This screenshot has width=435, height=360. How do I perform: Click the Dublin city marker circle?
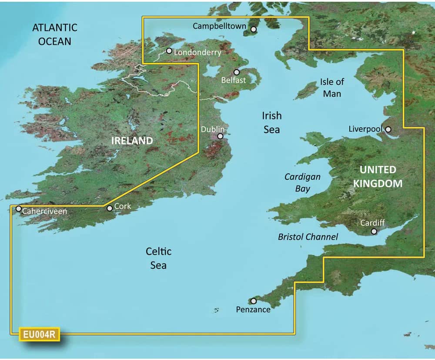220,136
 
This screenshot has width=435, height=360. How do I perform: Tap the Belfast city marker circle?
237,72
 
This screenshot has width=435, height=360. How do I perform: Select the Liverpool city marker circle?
388,129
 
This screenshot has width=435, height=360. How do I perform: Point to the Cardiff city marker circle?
374,231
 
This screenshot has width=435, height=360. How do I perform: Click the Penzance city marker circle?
254,301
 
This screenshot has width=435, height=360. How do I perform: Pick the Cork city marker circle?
110,209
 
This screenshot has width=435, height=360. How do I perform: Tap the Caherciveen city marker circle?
19,209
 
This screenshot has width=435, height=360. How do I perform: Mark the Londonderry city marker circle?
169,51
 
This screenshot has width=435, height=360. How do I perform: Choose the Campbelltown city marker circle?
254,29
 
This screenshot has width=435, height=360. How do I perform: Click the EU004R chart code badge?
39,335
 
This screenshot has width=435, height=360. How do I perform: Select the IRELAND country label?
132,141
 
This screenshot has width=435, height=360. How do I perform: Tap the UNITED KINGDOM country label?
378,176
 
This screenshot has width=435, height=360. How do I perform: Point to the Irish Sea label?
271,122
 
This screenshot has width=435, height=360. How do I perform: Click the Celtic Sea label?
158,258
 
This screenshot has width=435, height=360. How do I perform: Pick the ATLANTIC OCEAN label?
55,34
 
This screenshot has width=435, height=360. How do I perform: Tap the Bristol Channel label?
308,237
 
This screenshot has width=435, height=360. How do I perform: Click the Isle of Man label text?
332,87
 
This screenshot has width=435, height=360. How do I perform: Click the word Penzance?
253,310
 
